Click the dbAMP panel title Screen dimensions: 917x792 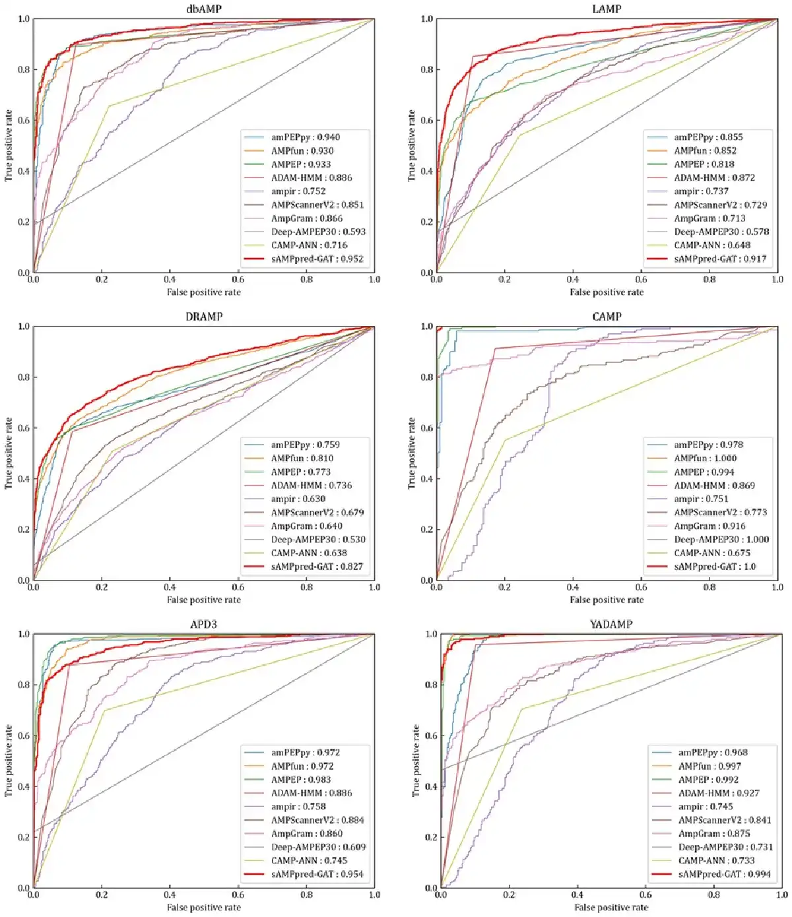point(204,9)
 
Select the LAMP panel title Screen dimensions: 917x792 point(607,9)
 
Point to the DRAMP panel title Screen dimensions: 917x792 point(204,317)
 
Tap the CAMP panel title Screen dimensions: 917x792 point(607,317)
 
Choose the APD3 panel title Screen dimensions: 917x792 point(204,624)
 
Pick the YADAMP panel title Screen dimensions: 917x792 point(611,624)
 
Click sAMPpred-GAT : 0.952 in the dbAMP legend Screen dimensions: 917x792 point(317,259)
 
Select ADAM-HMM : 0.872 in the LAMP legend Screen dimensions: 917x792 point(714,178)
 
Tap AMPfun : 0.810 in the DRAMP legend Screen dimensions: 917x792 point(302,458)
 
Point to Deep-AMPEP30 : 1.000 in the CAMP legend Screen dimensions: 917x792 point(721,540)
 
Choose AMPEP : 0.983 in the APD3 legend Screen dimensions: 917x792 point(301,780)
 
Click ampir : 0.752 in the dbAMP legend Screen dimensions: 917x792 point(298,191)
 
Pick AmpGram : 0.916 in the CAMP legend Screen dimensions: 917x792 point(709,526)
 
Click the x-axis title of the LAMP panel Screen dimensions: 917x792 point(607,292)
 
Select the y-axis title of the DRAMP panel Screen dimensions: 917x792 point(9,453)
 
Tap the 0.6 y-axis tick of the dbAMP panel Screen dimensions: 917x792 point(24,120)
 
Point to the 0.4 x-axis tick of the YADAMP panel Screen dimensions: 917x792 point(577,895)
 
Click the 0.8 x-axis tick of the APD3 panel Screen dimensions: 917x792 point(307,895)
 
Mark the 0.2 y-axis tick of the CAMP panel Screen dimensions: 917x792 point(427,530)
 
